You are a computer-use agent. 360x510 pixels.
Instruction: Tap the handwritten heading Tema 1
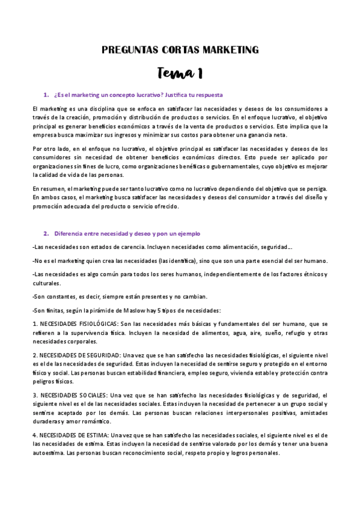(x=180, y=73)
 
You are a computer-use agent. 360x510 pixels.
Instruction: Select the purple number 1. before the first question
(x=46, y=95)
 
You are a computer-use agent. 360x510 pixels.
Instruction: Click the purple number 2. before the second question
(x=46, y=233)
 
